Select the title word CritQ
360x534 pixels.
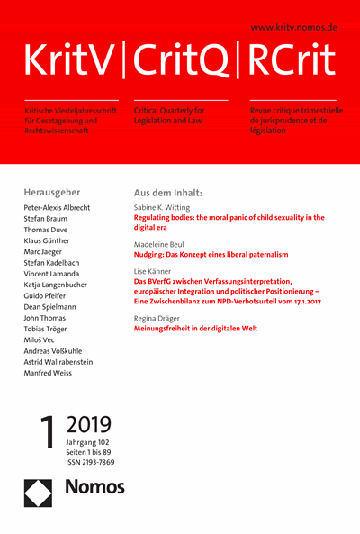180,60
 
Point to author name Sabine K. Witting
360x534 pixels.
167,207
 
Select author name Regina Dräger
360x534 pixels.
161,317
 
